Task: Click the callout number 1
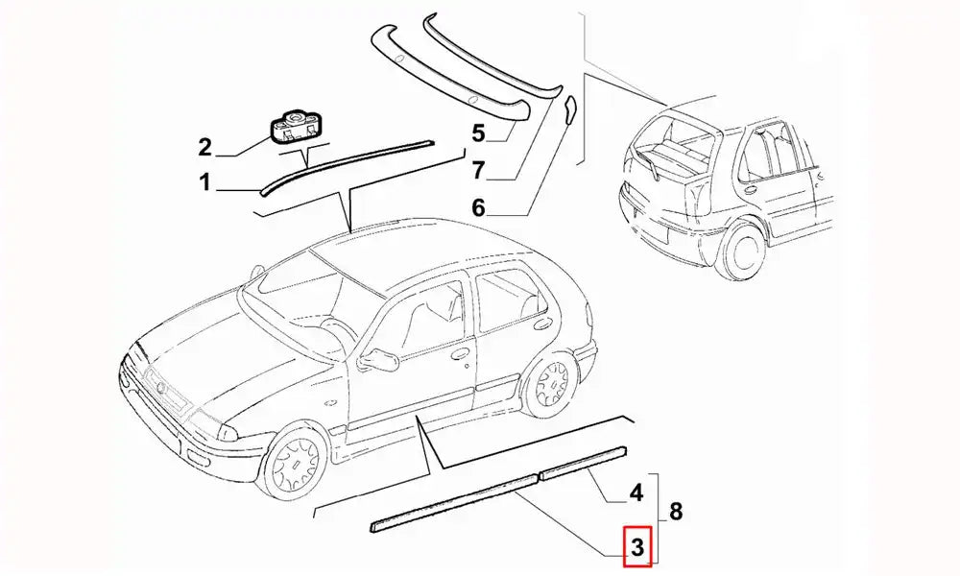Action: [204, 182]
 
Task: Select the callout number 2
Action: [204, 148]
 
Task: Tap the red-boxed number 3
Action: [637, 546]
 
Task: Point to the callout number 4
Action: [636, 492]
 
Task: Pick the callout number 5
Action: [478, 132]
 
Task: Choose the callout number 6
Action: [478, 208]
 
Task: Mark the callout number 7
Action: [478, 170]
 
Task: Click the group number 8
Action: [676, 511]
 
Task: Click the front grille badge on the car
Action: [161, 388]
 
